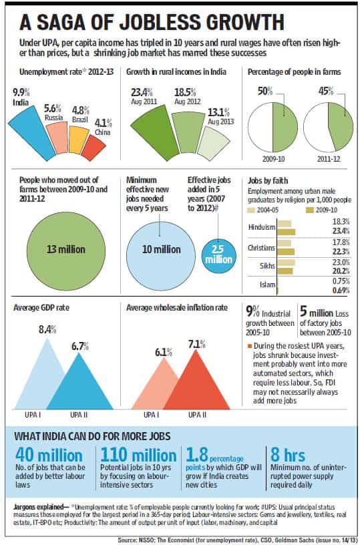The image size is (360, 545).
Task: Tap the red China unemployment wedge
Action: (x=93, y=148)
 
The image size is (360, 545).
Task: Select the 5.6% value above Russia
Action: (x=53, y=108)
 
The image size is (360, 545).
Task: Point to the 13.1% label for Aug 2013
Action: (x=219, y=112)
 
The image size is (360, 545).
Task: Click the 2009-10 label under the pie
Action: (x=273, y=159)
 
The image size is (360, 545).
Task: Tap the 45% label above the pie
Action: (x=325, y=92)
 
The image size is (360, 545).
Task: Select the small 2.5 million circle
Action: (x=219, y=256)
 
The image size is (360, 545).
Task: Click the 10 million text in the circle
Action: (x=162, y=249)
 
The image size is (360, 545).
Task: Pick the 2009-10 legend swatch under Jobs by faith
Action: (x=309, y=210)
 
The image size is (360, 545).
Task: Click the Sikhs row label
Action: (x=268, y=266)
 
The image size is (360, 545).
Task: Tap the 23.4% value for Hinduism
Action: (x=341, y=230)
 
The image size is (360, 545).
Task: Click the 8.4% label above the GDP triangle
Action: (x=47, y=329)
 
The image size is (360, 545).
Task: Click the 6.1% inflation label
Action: (x=164, y=352)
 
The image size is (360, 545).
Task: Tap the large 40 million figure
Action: (x=49, y=456)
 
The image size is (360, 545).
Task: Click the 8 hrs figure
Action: (x=288, y=456)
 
